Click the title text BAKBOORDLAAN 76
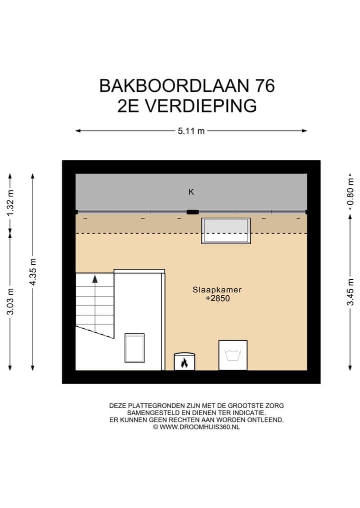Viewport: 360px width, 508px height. tap(187, 86)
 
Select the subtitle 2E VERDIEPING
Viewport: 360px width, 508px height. tap(187, 106)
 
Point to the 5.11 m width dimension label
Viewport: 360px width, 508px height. tap(191, 131)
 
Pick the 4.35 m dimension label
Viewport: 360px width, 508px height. tap(33, 272)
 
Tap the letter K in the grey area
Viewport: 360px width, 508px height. tap(191, 192)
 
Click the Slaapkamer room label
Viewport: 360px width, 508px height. tap(213, 290)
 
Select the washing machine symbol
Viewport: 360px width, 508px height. tap(233, 355)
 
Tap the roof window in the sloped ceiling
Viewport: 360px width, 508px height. tap(226, 231)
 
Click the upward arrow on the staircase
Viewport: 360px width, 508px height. tap(94, 279)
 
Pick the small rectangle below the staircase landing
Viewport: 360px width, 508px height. tap(134, 348)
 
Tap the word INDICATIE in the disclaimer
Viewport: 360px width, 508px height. tap(249, 413)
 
